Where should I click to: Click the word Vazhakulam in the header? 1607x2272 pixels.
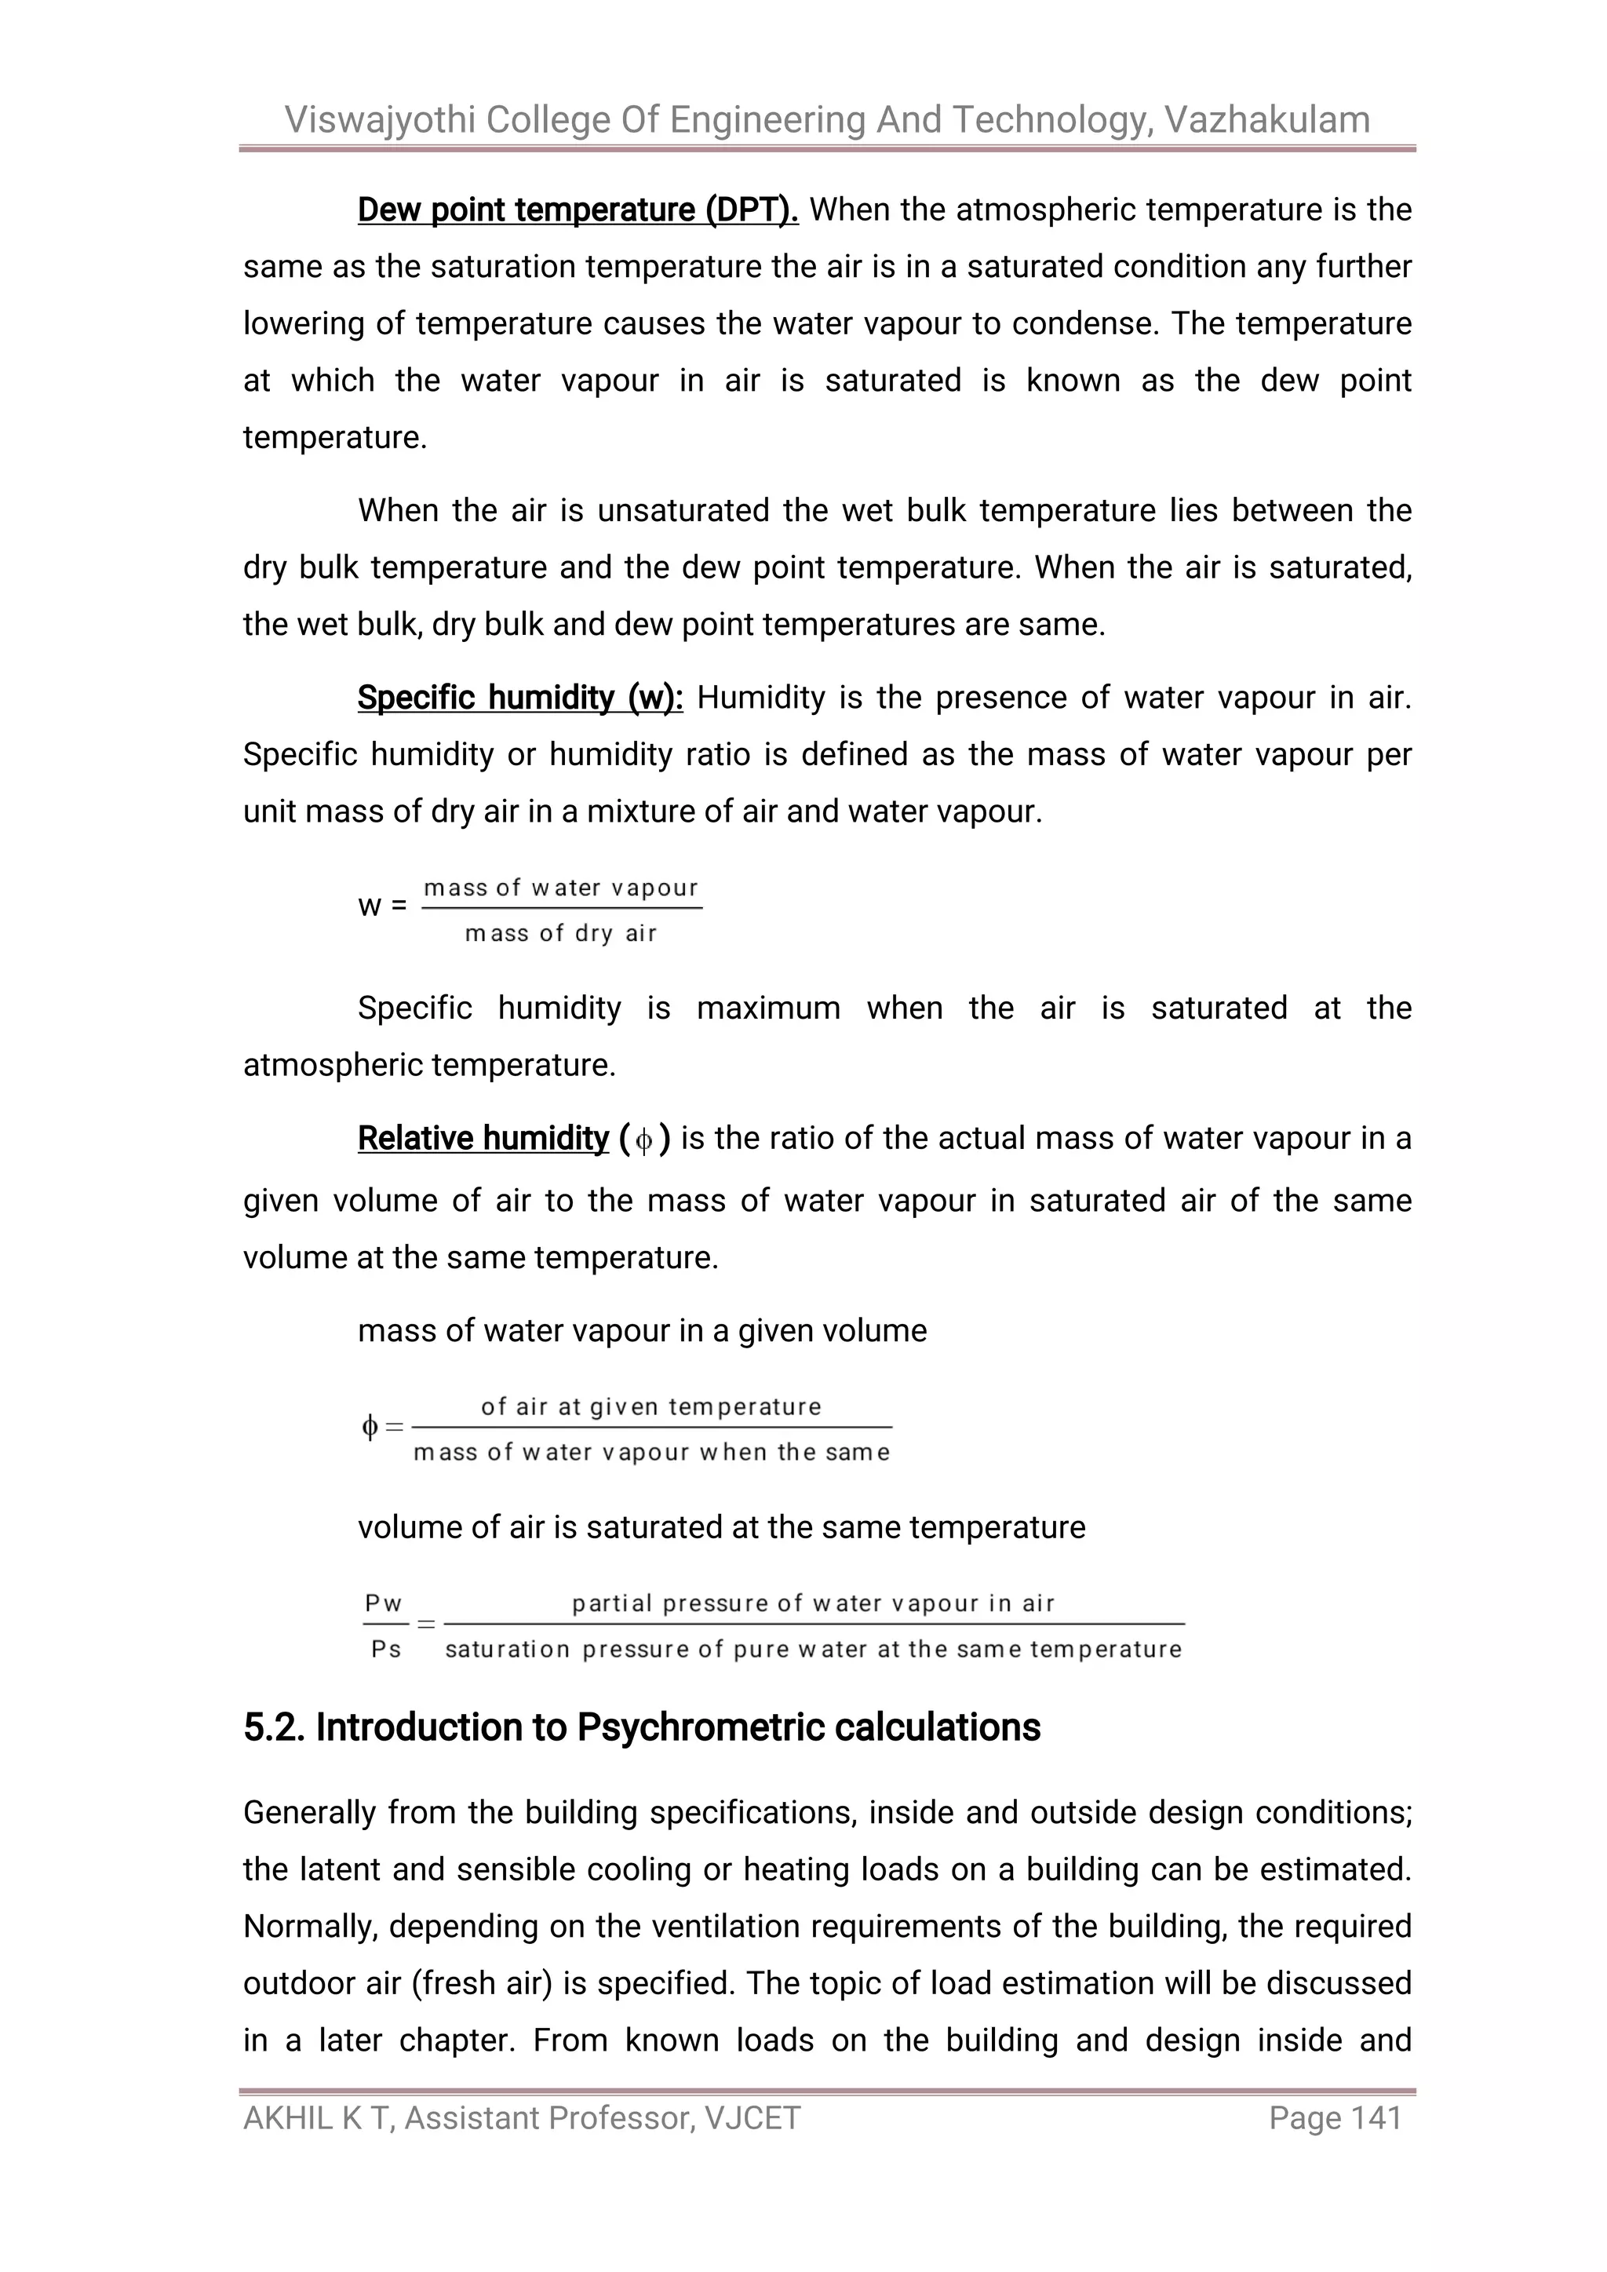pyautogui.click(x=1266, y=120)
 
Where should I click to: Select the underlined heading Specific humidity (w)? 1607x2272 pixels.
pyautogui.click(x=520, y=698)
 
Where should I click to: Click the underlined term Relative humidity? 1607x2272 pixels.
pyautogui.click(x=483, y=1139)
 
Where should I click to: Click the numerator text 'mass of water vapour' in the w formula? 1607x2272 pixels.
pyautogui.click(x=561, y=888)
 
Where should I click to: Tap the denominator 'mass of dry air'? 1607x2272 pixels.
pyautogui.click(x=561, y=933)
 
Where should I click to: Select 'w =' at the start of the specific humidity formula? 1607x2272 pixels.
pyautogui.click(x=382, y=906)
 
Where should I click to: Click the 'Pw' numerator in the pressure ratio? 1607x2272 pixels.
pyautogui.click(x=384, y=1603)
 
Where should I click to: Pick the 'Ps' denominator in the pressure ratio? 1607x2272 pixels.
pyautogui.click(x=386, y=1650)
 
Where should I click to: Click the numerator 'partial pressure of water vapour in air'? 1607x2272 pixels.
pyautogui.click(x=814, y=1603)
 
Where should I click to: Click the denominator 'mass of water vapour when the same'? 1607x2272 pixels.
pyautogui.click(x=652, y=1453)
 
